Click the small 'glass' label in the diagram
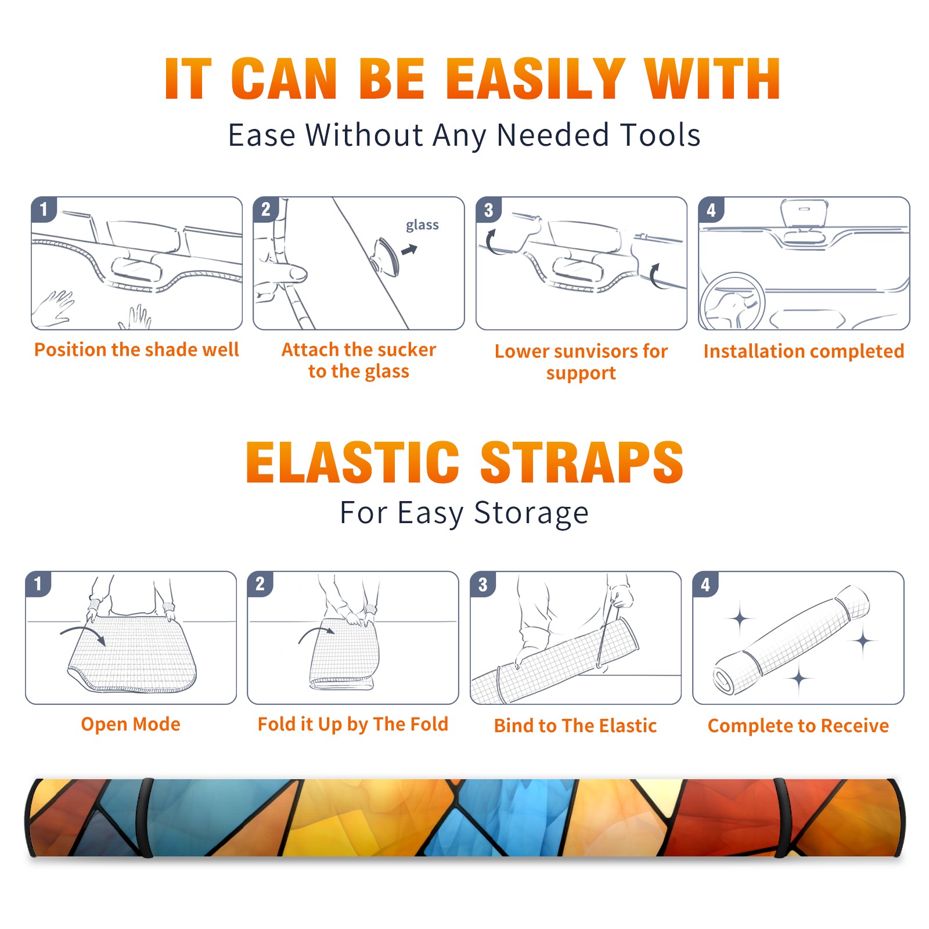pos(422,225)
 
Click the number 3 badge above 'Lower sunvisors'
pos(488,210)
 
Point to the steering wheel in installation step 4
pos(732,301)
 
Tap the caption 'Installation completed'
pos(804,351)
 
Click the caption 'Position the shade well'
pos(136,350)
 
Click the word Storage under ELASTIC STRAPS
pos(531,513)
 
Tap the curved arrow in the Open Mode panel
pos(83,635)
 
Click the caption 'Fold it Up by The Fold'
pos(353,724)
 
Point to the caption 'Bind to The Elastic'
pos(575,726)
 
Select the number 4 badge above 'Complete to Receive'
pos(705,584)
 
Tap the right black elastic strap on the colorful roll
pos(782,818)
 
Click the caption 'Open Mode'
pos(131,724)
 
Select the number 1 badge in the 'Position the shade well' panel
pos(44,210)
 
